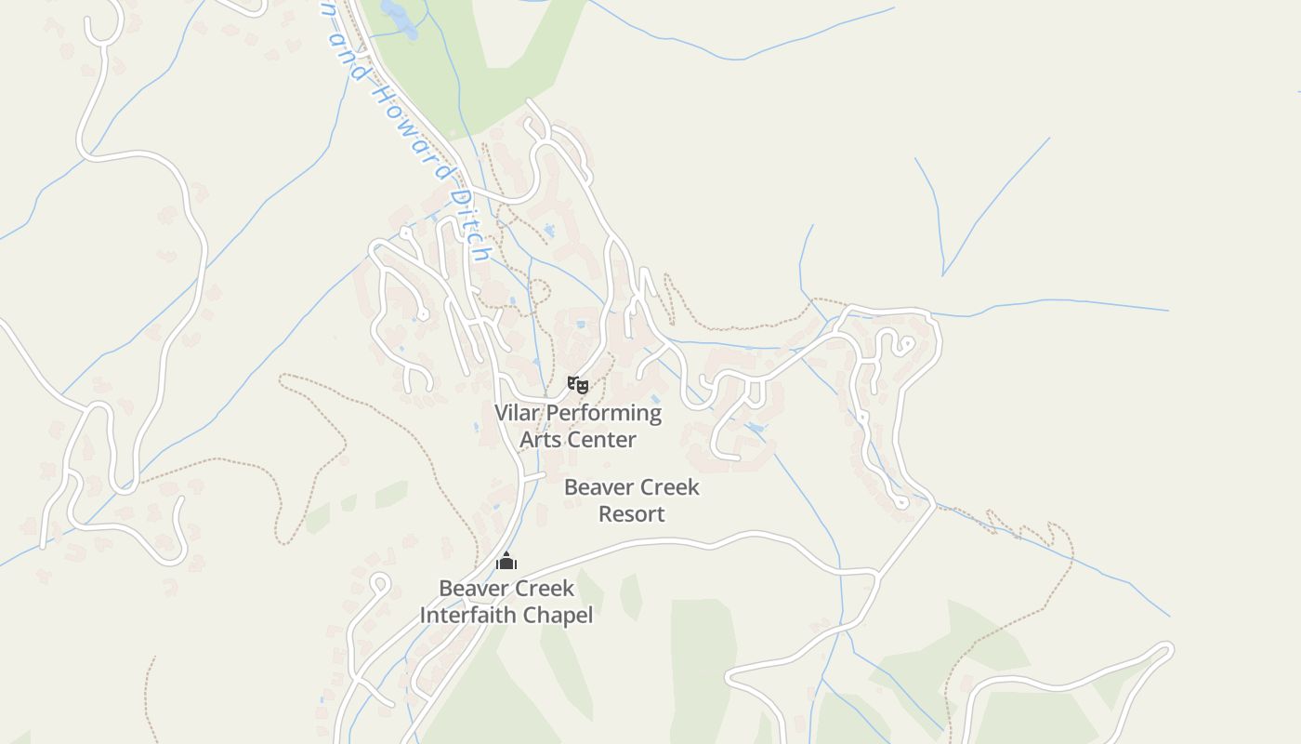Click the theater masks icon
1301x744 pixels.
point(578,384)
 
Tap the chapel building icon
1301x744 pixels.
point(506,561)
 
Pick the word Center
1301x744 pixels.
point(601,439)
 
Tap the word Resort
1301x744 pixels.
point(632,513)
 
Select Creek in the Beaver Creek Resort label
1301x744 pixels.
point(668,487)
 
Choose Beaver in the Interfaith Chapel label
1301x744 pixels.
point(473,589)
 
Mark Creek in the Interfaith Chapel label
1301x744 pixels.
point(543,589)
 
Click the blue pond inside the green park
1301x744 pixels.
point(399,19)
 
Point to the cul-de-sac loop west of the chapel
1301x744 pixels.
point(378,583)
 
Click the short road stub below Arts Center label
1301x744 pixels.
point(533,476)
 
